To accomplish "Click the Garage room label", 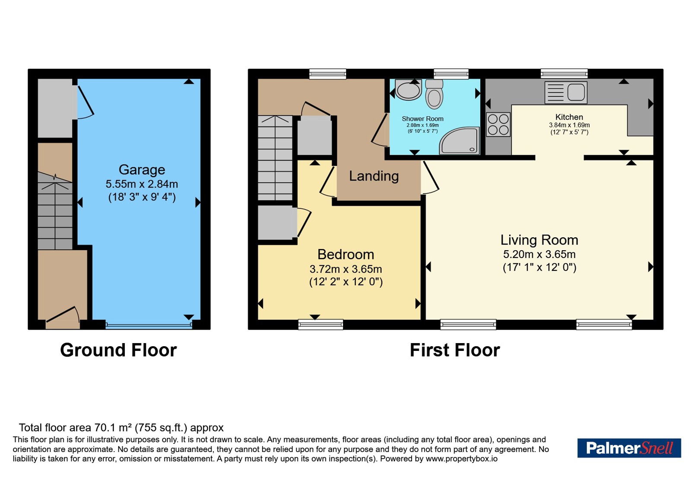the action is (x=142, y=170).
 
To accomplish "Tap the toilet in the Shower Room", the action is (x=434, y=94).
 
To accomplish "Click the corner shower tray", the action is (x=460, y=141).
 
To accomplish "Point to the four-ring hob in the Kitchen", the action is (x=498, y=124).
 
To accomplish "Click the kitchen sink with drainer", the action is (x=566, y=92).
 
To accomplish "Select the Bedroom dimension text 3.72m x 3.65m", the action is (x=346, y=269).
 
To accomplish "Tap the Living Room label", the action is (x=539, y=240).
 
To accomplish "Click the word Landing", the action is (x=374, y=176).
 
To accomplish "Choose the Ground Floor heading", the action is (x=118, y=350).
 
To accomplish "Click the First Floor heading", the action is (x=455, y=350).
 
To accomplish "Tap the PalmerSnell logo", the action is (x=629, y=448).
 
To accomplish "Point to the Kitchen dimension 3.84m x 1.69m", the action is (x=569, y=125).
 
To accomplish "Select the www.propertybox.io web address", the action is (x=462, y=459).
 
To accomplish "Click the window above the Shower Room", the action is (x=451, y=74).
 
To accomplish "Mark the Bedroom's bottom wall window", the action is (x=320, y=325).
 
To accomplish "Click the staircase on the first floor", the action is (x=275, y=158).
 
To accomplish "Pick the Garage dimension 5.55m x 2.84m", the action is (x=142, y=184).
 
